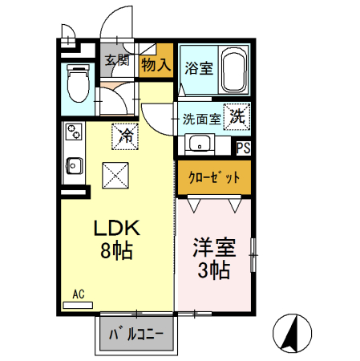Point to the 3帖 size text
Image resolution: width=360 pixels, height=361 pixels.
[213, 271]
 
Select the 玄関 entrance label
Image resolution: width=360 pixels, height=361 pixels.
[117, 59]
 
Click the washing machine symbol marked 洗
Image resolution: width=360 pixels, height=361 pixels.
[237, 117]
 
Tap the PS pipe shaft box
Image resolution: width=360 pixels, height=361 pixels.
[243, 147]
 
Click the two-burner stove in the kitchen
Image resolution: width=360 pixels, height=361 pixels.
[74, 131]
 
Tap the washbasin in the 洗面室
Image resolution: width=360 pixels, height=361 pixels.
[198, 144]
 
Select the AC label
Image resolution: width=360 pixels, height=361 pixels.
[79, 294]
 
